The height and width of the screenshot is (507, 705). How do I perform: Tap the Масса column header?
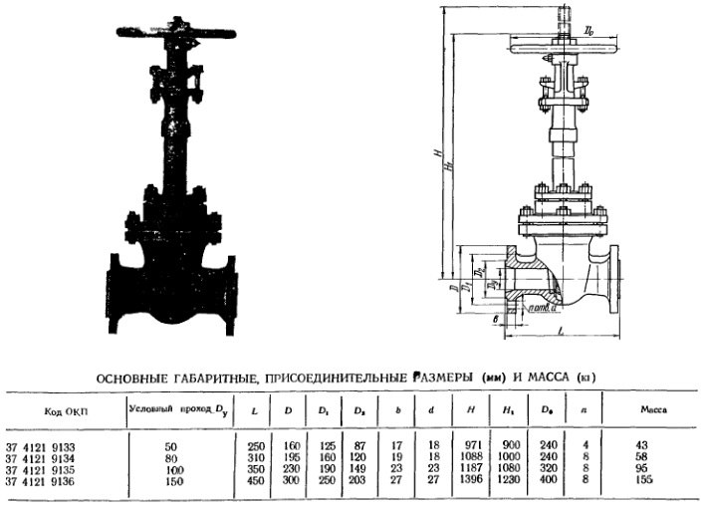652,408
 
